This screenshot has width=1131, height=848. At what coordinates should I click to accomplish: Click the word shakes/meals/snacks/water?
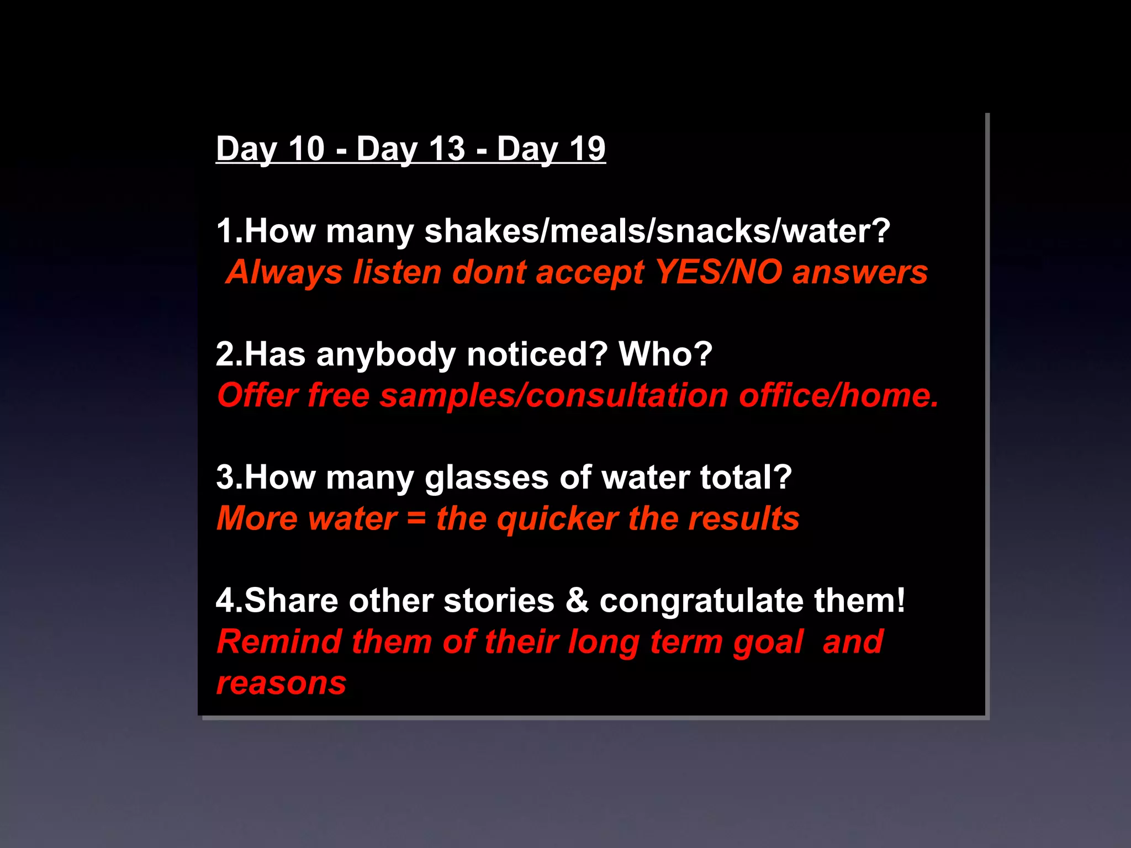[657, 231]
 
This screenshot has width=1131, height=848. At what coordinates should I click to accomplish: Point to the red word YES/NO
[718, 272]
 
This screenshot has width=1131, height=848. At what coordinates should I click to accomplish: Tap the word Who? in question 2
[665, 354]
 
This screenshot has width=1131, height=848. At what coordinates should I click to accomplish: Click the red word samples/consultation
[554, 395]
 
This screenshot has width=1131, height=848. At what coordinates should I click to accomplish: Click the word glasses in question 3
[487, 478]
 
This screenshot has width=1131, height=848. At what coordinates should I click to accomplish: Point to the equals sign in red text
[416, 520]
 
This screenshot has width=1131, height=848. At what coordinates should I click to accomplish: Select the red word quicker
[557, 520]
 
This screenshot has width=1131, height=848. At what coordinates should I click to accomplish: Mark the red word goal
[768, 643]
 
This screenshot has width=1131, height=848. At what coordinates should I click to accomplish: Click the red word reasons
[281, 683]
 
